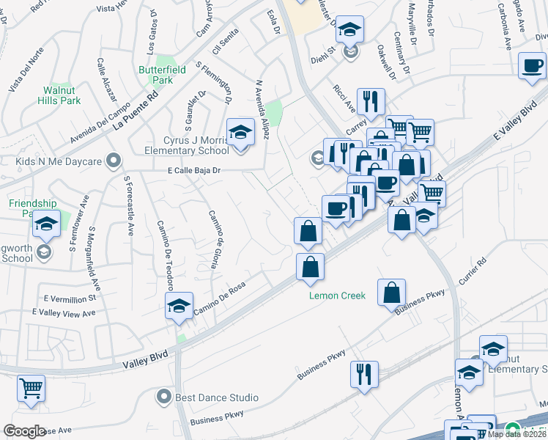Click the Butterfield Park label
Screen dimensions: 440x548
(x=156, y=75)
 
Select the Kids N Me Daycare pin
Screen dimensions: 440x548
(x=112, y=159)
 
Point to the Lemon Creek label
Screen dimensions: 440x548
(x=336, y=296)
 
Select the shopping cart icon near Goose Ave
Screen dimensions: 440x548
(x=30, y=389)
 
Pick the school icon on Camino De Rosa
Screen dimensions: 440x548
(x=179, y=309)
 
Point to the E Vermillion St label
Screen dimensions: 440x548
(x=70, y=298)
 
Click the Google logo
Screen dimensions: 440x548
(x=24, y=430)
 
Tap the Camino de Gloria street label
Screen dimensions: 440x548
(x=215, y=239)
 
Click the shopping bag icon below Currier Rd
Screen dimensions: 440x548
(x=392, y=291)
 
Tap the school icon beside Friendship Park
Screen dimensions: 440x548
(x=46, y=224)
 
